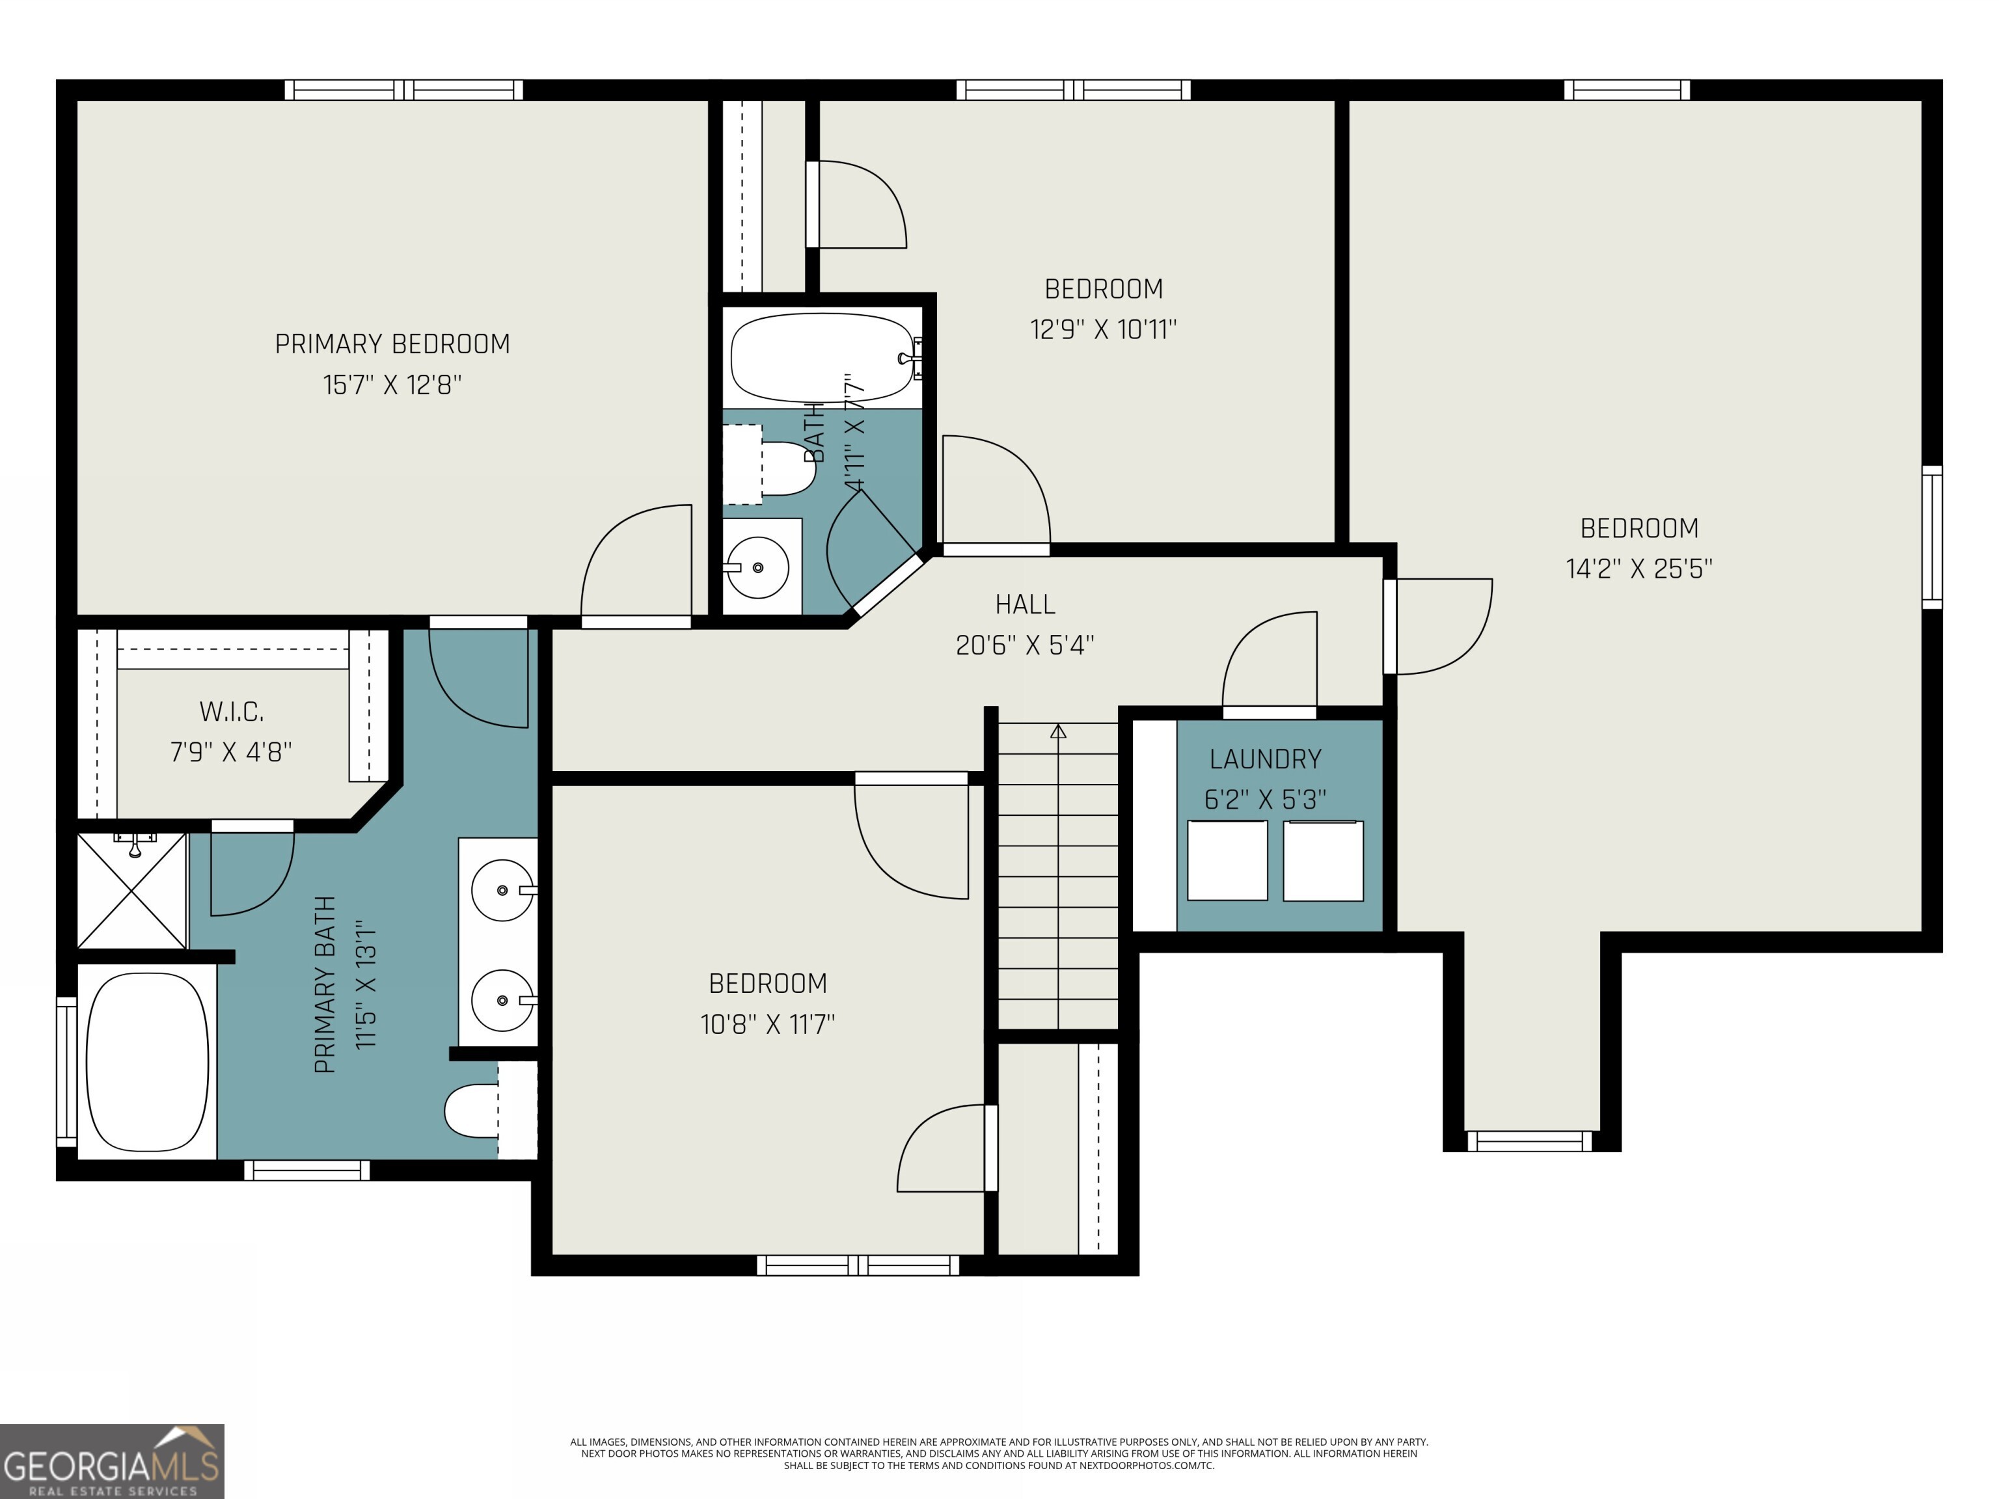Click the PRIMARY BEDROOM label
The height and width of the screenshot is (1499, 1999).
tap(392, 344)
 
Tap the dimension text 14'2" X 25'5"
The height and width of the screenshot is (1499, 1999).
tap(1639, 569)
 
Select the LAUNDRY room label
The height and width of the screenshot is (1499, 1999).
tap(1265, 759)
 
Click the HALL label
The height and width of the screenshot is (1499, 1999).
tap(1025, 604)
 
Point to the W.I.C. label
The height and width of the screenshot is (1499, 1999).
tap(232, 712)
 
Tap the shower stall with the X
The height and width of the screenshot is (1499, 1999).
tap(132, 890)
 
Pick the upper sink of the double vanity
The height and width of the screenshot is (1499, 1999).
tap(502, 890)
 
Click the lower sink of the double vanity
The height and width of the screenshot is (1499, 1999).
tap(502, 1000)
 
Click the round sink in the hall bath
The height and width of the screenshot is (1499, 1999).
tap(757, 567)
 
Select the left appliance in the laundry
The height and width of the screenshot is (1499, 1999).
tap(1227, 860)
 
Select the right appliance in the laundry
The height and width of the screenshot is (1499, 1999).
tap(1323, 860)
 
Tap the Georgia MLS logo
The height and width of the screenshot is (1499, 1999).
tap(111, 1461)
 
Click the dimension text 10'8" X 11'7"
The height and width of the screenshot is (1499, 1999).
tap(767, 1023)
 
